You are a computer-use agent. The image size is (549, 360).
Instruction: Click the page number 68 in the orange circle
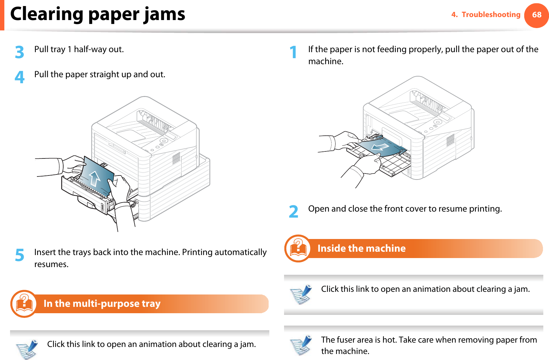(536, 15)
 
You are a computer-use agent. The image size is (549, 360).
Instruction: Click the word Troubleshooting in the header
(491, 15)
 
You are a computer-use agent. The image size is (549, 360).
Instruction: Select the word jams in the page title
(164, 15)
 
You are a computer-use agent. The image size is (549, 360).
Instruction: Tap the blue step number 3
(20, 52)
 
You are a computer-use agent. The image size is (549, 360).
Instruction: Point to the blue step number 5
(20, 255)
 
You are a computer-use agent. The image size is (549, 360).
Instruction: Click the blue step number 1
(293, 52)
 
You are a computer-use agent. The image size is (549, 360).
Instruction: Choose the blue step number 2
(293, 212)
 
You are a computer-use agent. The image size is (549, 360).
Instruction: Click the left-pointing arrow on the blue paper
(380, 147)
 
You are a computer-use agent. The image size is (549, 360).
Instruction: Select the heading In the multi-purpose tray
(102, 304)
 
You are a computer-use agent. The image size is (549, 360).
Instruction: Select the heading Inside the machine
(361, 248)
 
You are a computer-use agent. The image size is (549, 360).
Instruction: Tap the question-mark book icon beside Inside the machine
(298, 249)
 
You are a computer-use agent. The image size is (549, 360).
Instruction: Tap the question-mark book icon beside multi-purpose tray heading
(24, 304)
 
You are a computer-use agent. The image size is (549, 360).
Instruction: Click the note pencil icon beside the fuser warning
(301, 345)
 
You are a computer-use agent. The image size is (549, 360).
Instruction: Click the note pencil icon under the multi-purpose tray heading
(27, 349)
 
